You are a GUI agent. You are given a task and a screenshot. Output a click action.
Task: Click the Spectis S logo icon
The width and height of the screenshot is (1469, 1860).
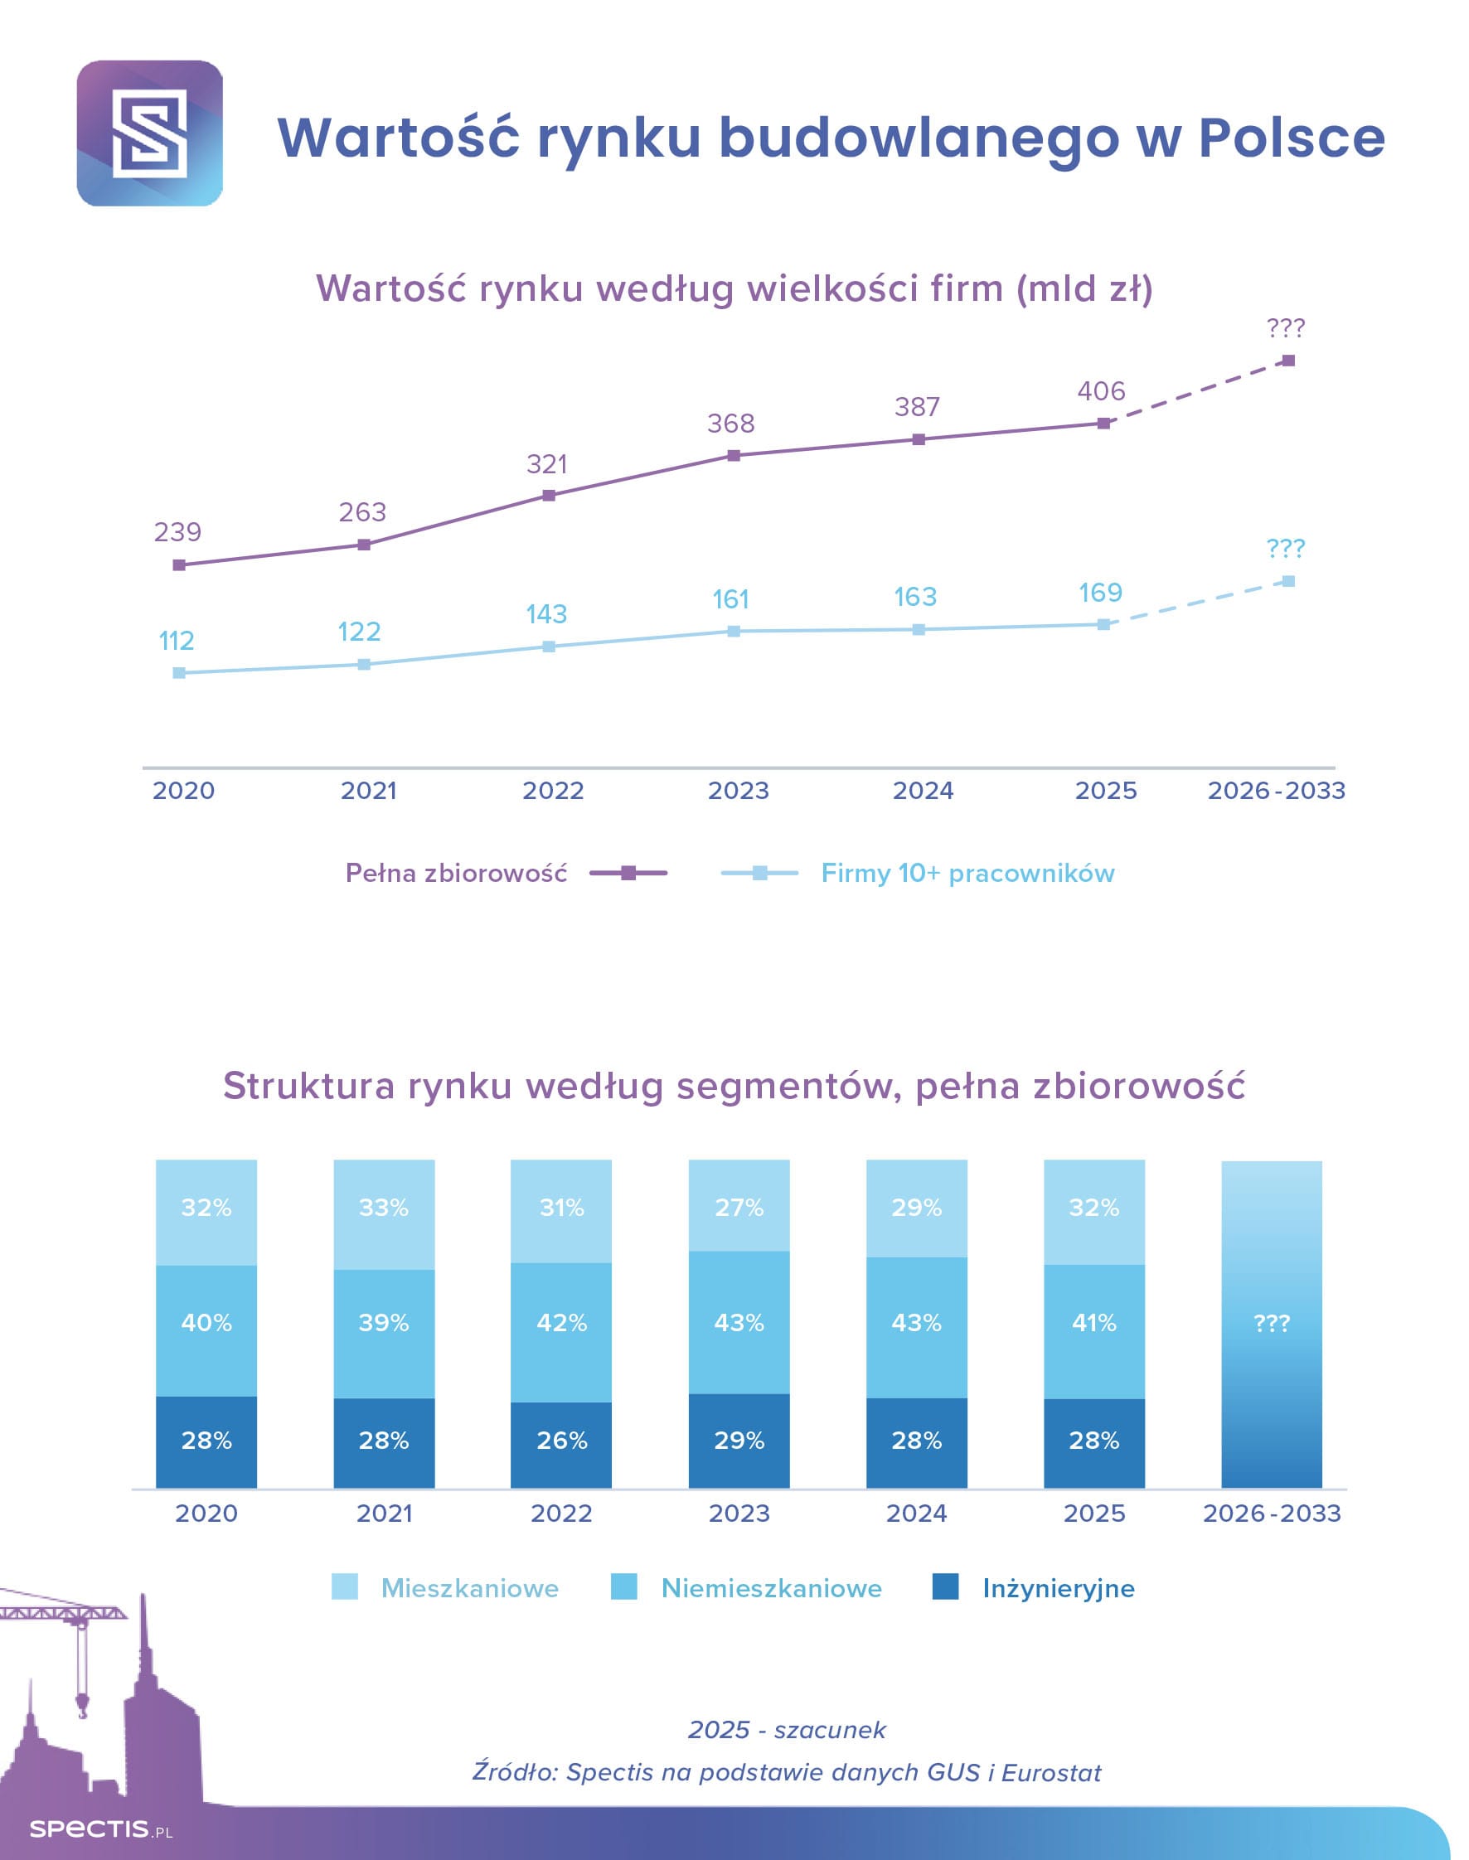click(x=150, y=133)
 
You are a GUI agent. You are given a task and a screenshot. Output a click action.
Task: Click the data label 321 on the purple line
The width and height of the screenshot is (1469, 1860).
click(x=547, y=464)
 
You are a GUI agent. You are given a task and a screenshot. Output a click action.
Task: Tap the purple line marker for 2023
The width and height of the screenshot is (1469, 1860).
click(x=734, y=456)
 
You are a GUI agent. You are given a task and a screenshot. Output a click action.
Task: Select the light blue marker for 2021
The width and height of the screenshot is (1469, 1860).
click(x=364, y=664)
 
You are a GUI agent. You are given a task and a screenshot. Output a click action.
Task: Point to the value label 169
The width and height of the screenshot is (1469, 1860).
click(x=1100, y=593)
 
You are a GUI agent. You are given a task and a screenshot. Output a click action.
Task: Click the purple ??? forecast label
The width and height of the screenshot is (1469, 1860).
click(x=1285, y=327)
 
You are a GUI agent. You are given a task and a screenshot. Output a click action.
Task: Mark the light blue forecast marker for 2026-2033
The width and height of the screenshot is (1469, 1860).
click(x=1288, y=581)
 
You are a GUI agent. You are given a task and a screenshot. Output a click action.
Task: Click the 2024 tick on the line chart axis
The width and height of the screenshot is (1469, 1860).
click(x=923, y=790)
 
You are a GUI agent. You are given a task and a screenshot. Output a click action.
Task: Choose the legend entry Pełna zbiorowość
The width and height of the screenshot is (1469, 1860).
click(x=456, y=873)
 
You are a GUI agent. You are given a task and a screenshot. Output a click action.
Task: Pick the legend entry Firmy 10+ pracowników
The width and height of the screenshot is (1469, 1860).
click(x=967, y=873)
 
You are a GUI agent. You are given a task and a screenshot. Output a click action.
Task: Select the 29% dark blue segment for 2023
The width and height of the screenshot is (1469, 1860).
click(x=739, y=1441)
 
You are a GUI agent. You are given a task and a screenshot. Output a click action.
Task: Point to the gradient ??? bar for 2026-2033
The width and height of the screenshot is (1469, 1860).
click(x=1271, y=1325)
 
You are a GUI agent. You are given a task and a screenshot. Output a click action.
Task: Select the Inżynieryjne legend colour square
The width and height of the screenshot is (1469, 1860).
click(x=945, y=1586)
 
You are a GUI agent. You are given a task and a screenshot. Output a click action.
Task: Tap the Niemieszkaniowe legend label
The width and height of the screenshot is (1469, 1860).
click(x=771, y=1587)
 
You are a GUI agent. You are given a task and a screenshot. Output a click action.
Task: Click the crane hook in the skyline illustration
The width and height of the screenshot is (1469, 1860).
click(x=83, y=1703)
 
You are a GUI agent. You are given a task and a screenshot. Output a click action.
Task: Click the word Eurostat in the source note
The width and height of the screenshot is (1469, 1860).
click(x=1051, y=1772)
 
